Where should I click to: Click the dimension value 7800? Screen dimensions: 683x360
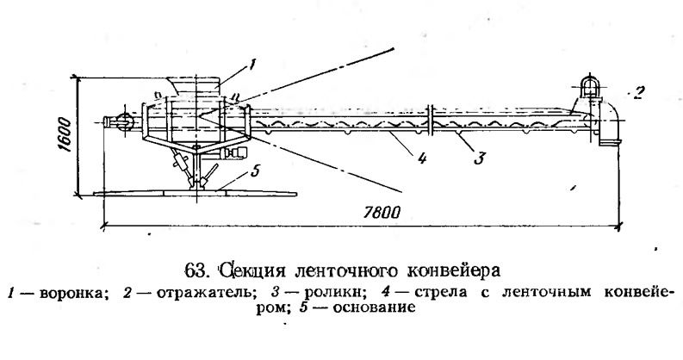pyautogui.click(x=382, y=213)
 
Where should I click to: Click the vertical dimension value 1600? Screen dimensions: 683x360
pyautogui.click(x=64, y=134)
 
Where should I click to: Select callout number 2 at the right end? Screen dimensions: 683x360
pyautogui.click(x=637, y=94)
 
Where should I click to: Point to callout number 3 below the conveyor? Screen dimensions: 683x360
pyautogui.click(x=479, y=158)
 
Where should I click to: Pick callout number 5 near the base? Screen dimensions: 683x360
pyautogui.click(x=255, y=171)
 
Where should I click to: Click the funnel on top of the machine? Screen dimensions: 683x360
pyautogui.click(x=197, y=86)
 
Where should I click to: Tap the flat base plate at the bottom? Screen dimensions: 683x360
pyautogui.click(x=196, y=192)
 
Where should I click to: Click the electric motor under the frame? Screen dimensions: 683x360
pyautogui.click(x=235, y=153)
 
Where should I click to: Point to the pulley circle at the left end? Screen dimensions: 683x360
pyautogui.click(x=124, y=121)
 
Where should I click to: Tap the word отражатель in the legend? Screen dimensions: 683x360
pyautogui.click(x=204, y=293)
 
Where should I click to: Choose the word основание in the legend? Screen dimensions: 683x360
pyautogui.click(x=371, y=307)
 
